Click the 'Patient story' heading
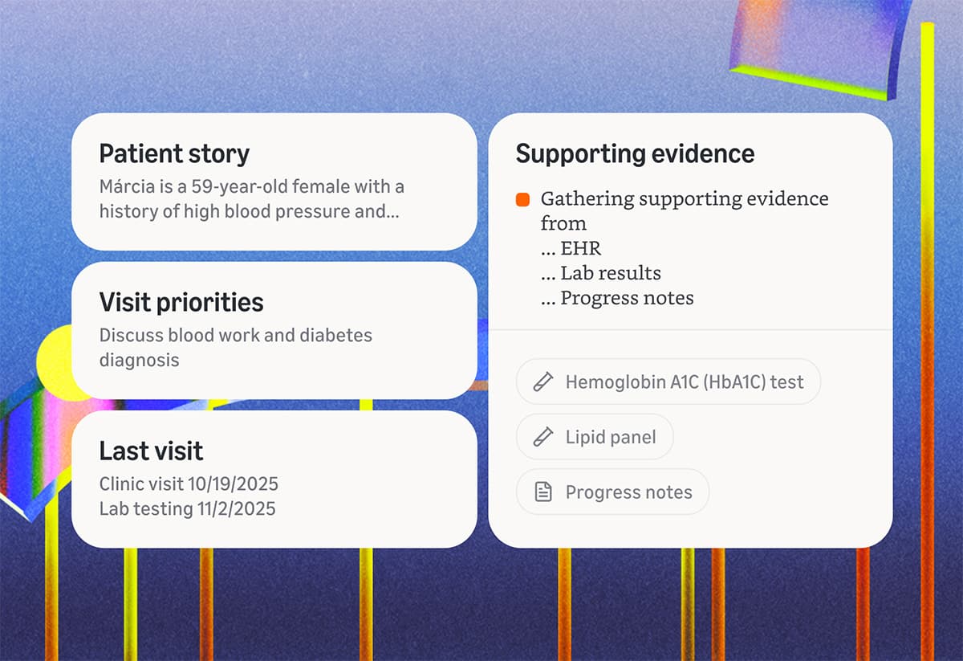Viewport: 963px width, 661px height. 174,153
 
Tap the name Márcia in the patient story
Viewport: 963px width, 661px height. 124,187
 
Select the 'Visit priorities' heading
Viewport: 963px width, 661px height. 181,302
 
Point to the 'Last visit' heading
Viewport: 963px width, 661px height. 151,451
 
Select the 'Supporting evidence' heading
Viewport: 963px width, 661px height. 635,153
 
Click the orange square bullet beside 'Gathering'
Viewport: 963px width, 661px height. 523,199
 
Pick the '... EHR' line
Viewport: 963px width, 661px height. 571,248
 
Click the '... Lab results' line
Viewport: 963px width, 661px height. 600,273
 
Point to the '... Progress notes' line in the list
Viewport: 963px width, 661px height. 616,298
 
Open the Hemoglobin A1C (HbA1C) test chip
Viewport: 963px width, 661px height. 668,382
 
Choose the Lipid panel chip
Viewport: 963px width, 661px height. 595,437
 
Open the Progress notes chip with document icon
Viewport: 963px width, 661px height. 612,492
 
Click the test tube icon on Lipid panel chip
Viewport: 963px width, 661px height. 543,437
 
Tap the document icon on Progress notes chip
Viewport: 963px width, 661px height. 543,492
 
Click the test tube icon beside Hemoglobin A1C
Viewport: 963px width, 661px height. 543,382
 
